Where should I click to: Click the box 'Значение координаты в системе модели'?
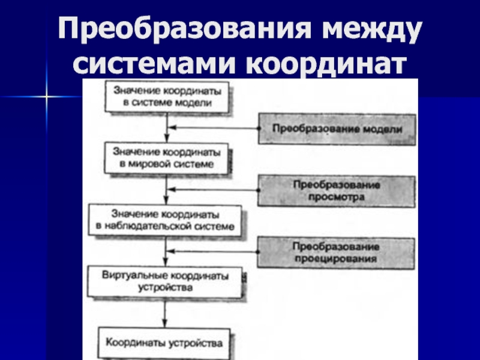tap(166, 97)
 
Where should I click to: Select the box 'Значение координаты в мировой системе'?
tap(166, 157)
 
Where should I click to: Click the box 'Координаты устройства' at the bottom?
tap(164, 343)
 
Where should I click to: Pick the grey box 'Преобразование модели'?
tap(337, 128)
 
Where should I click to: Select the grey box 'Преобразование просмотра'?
tap(337, 190)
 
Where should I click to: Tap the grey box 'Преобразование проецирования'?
tap(337, 253)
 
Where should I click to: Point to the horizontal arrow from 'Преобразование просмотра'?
tap(213, 190)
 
